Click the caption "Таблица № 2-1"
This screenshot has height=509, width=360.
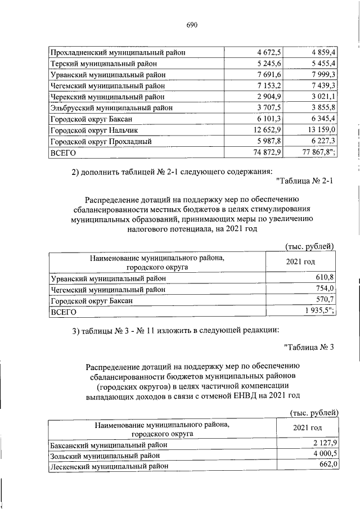click(305, 181)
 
